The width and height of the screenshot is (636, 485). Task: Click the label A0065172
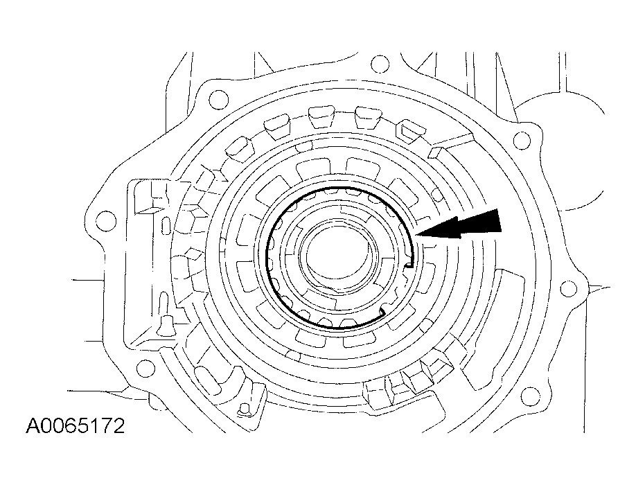[x=76, y=424]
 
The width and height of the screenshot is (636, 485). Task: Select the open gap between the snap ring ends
[x=398, y=291]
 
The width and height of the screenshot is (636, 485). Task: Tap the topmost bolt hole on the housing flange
[x=378, y=65]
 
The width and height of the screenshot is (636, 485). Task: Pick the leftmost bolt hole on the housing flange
[x=105, y=222]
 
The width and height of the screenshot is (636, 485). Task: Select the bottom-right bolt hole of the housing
[x=529, y=397]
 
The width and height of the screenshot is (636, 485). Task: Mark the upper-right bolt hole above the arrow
[x=523, y=141]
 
